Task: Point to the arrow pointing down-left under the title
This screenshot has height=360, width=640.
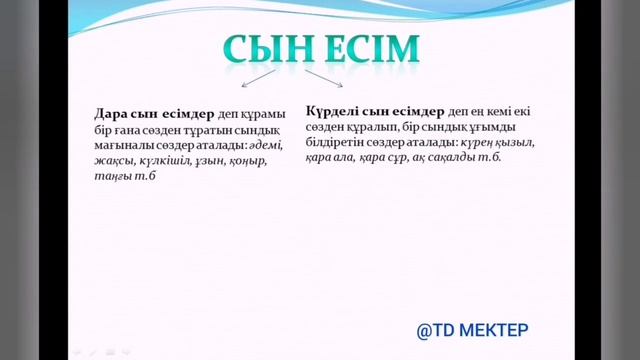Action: pos(257,80)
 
